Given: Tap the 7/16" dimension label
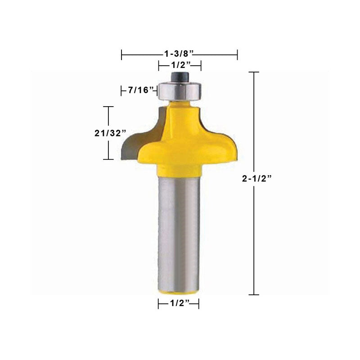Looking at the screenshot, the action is tap(140, 90).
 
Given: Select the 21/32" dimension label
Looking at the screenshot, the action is tap(110, 133).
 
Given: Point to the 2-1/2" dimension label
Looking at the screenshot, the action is tap(257, 178).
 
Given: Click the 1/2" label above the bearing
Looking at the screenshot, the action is tap(181, 65).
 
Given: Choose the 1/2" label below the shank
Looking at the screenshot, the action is tap(180, 303).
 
